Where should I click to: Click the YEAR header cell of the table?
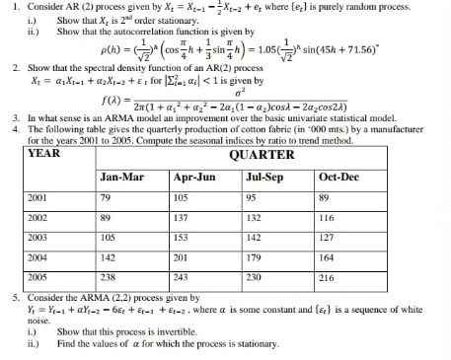pyautogui.click(x=43, y=154)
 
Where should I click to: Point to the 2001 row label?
pyautogui.click(x=38, y=198)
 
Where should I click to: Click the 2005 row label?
pyautogui.click(x=38, y=277)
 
